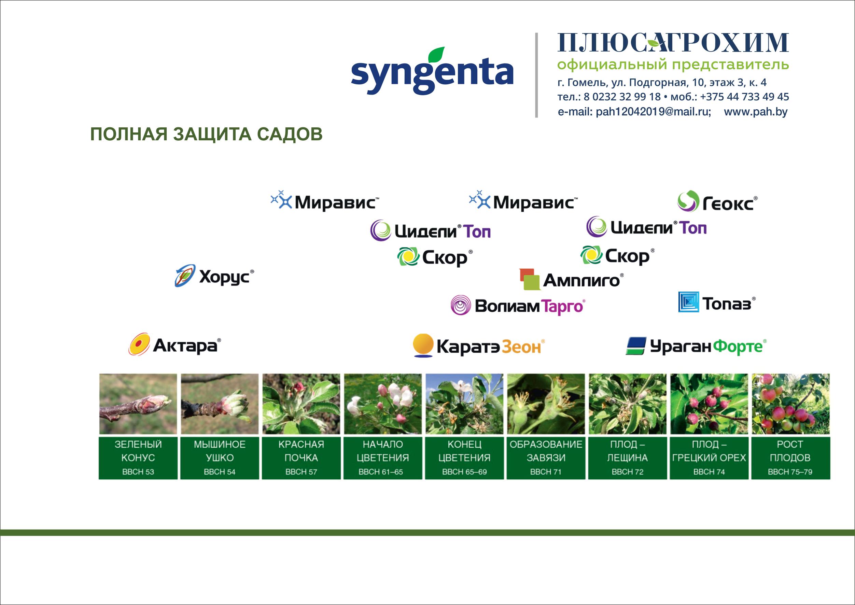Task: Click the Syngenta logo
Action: tap(432, 71)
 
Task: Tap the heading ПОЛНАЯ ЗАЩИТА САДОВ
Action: tap(206, 135)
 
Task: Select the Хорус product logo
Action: tap(214, 276)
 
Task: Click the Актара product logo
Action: tap(175, 344)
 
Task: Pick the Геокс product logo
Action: tap(717, 202)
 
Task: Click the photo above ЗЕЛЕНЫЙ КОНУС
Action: tap(138, 404)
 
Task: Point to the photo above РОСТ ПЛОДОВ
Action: tap(790, 404)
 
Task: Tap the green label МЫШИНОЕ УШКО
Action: tap(220, 458)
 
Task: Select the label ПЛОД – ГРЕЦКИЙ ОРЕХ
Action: tap(709, 458)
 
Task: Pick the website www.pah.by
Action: tap(756, 112)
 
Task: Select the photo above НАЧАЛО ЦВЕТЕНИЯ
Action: tap(383, 404)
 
